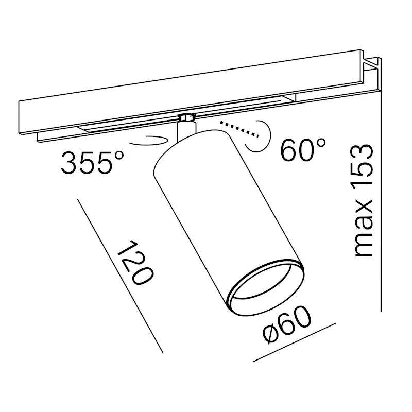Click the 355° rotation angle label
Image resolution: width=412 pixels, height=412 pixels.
[x=92, y=162]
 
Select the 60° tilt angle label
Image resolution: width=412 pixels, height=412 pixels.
[x=303, y=149]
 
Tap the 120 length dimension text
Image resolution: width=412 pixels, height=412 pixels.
[x=134, y=262]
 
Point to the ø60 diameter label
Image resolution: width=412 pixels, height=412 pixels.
[x=287, y=325]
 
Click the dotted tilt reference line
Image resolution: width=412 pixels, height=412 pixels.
[x=239, y=129]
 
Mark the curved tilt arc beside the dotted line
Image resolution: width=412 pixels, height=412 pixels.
[x=260, y=136]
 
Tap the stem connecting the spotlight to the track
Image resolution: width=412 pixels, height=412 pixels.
[x=186, y=131]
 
